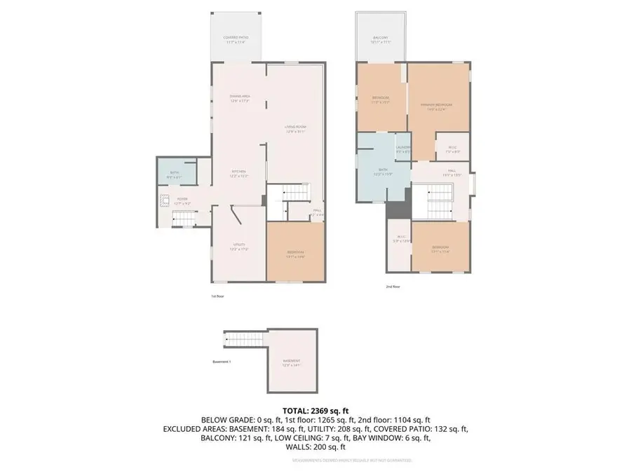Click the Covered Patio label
pyautogui.click(x=236, y=39)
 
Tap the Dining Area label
pyautogui.click(x=240, y=98)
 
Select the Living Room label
pyautogui.click(x=295, y=129)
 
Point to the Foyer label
pyautogui.click(x=182, y=201)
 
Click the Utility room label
pyautogui.click(x=239, y=247)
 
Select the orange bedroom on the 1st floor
pyautogui.click(x=295, y=252)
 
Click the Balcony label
pyautogui.click(x=380, y=39)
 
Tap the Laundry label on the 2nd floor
pyautogui.click(x=402, y=149)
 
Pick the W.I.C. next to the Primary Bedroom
pyautogui.click(x=452, y=149)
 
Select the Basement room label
pyautogui.click(x=291, y=363)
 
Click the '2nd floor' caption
pyautogui.click(x=393, y=287)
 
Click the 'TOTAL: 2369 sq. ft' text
pyautogui.click(x=315, y=410)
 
